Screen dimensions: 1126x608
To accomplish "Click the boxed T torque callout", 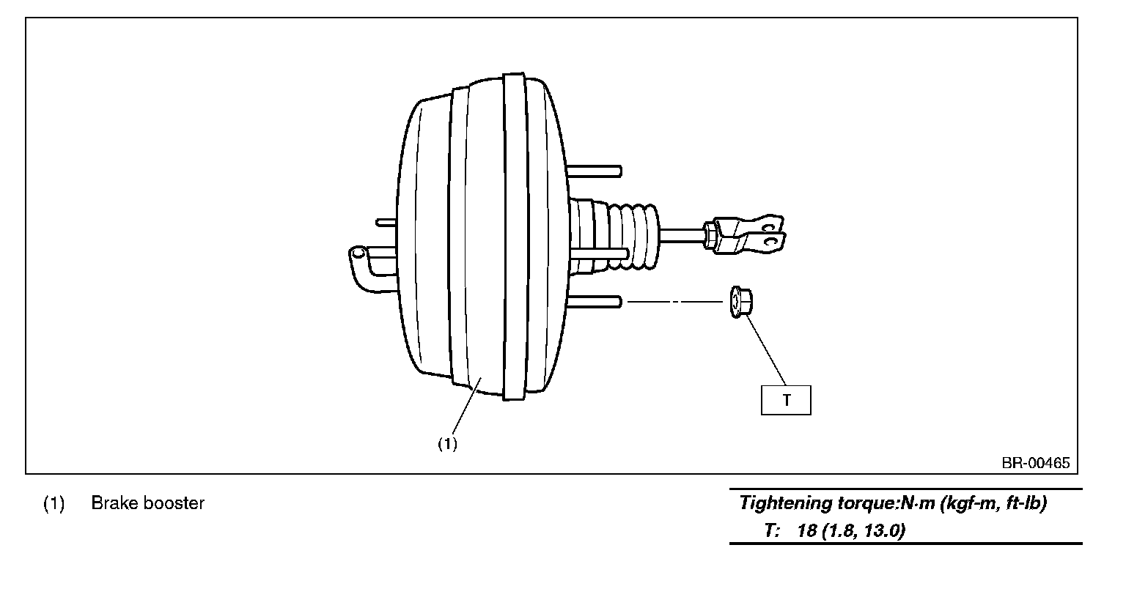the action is click(x=786, y=400).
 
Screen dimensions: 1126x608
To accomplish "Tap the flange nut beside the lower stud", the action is click(x=740, y=302).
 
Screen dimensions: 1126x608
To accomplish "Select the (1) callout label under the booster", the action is click(x=447, y=444).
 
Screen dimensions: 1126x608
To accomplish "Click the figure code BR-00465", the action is click(x=1036, y=463).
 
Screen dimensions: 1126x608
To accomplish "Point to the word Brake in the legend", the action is click(x=114, y=503).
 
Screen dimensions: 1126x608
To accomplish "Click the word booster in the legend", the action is click(x=174, y=503).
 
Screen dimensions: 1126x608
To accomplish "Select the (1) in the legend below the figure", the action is click(x=54, y=503).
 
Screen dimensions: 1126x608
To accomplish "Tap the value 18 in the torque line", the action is click(x=807, y=530).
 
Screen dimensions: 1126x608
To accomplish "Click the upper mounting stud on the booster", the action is click(x=595, y=171).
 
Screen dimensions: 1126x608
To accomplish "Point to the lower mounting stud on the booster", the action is click(x=595, y=302).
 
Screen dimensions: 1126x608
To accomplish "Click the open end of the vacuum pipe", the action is click(x=358, y=252).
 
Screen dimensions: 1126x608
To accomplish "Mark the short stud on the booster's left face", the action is click(x=386, y=222).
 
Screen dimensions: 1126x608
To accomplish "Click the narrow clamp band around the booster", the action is click(x=514, y=236).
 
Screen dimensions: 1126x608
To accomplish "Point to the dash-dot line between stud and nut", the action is click(x=675, y=302).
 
